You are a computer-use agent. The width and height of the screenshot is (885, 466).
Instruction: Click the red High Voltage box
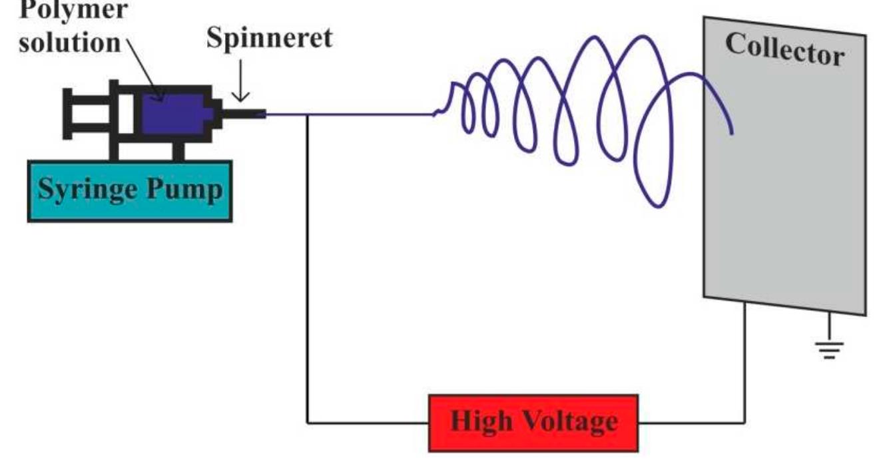coord(533,423)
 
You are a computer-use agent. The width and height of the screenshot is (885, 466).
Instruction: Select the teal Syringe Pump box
coord(130,191)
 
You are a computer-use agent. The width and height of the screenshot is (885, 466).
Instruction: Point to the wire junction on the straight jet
coord(307,115)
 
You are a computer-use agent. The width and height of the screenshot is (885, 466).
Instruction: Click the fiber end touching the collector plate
coord(731,132)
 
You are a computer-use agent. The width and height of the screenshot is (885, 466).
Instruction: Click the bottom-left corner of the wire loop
coord(307,422)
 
